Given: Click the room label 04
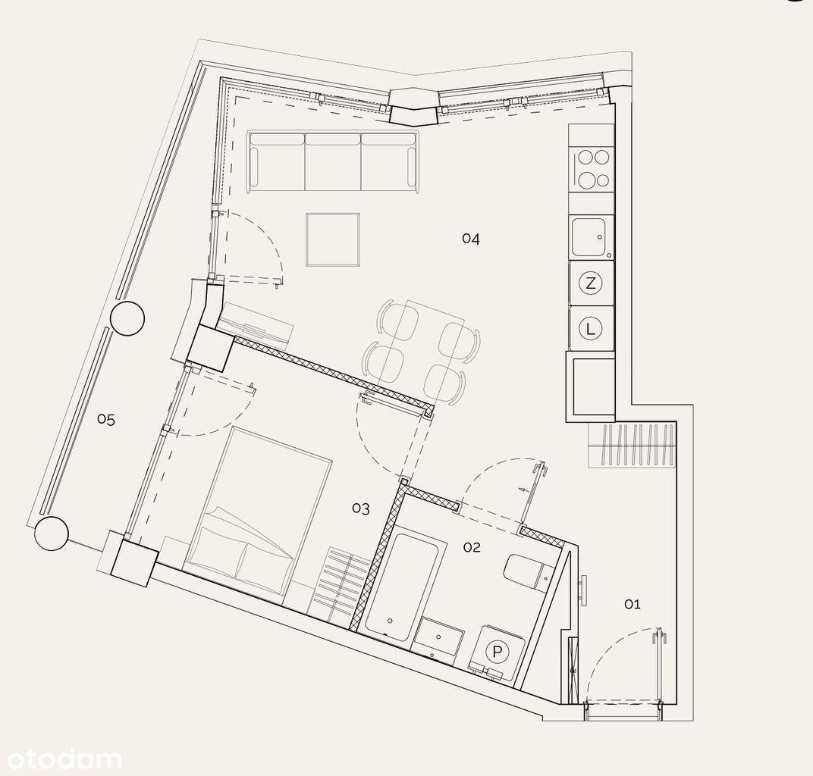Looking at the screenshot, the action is (471, 239).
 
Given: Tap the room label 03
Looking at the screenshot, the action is (361, 508).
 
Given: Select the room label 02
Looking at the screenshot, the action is (472, 547).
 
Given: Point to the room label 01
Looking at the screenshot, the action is (632, 604).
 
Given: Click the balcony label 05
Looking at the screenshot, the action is (106, 420).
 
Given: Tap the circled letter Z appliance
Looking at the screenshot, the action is (591, 283).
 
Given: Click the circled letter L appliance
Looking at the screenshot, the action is (591, 328).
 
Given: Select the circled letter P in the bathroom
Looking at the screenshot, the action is (498, 652).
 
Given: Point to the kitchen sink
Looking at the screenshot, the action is (591, 238).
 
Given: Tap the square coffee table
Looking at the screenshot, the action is (333, 239).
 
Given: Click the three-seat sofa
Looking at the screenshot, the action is (333, 161).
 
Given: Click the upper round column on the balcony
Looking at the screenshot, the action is (127, 318).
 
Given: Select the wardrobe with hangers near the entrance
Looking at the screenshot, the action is (632, 446).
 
